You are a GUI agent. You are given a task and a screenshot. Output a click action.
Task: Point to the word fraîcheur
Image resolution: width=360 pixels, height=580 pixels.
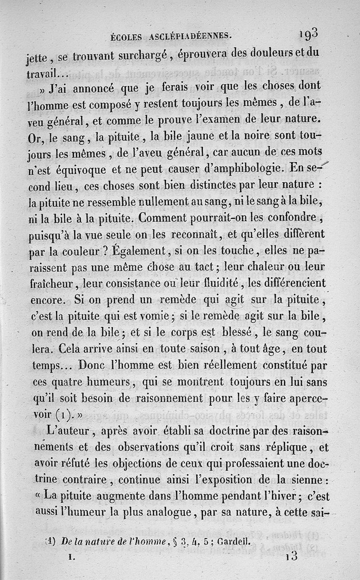tap(55, 284)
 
